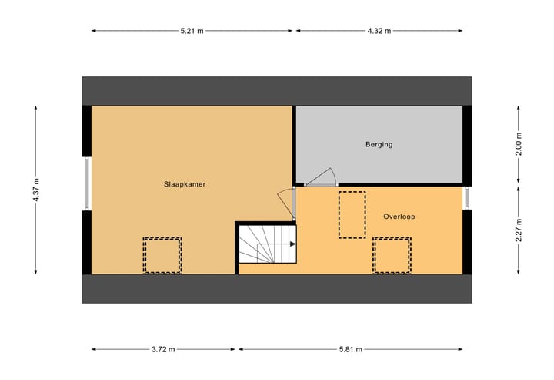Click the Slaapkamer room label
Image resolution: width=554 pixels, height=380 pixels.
(184, 184)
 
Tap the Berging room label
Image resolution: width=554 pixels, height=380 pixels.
(379, 144)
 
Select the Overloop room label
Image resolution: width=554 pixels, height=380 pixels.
(399, 217)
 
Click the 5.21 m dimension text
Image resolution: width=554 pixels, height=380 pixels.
(192, 31)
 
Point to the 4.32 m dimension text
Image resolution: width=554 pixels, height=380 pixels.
(379, 31)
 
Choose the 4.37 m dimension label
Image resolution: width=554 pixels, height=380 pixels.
(36, 189)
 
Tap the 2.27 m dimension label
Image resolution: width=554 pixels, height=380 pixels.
(518, 229)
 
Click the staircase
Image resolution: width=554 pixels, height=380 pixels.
(266, 245)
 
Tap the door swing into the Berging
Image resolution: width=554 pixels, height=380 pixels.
(323, 177)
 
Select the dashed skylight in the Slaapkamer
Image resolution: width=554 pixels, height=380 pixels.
(162, 255)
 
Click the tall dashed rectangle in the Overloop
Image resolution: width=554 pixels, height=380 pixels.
(352, 214)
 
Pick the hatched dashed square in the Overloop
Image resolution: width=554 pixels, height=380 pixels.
(392, 255)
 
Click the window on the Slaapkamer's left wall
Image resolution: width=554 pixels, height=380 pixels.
(87, 183)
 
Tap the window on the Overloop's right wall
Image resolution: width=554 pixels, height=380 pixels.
(467, 197)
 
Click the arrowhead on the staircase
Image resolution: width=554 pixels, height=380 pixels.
(293, 244)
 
